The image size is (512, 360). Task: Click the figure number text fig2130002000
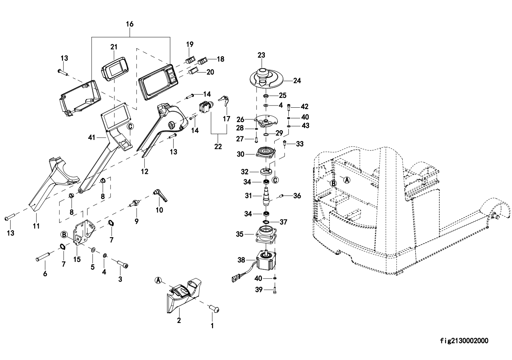[464, 341]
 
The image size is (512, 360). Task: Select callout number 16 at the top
[130, 24]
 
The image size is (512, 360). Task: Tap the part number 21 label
[114, 47]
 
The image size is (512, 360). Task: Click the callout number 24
[297, 81]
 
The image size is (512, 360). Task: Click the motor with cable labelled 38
[265, 260]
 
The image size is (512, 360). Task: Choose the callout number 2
[179, 320]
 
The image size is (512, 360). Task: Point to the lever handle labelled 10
[159, 196]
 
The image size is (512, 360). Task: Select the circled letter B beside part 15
[64, 235]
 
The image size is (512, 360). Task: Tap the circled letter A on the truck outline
[347, 179]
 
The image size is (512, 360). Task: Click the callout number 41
[91, 137]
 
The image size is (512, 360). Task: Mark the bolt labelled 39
[275, 290]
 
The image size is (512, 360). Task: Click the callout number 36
[297, 196]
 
